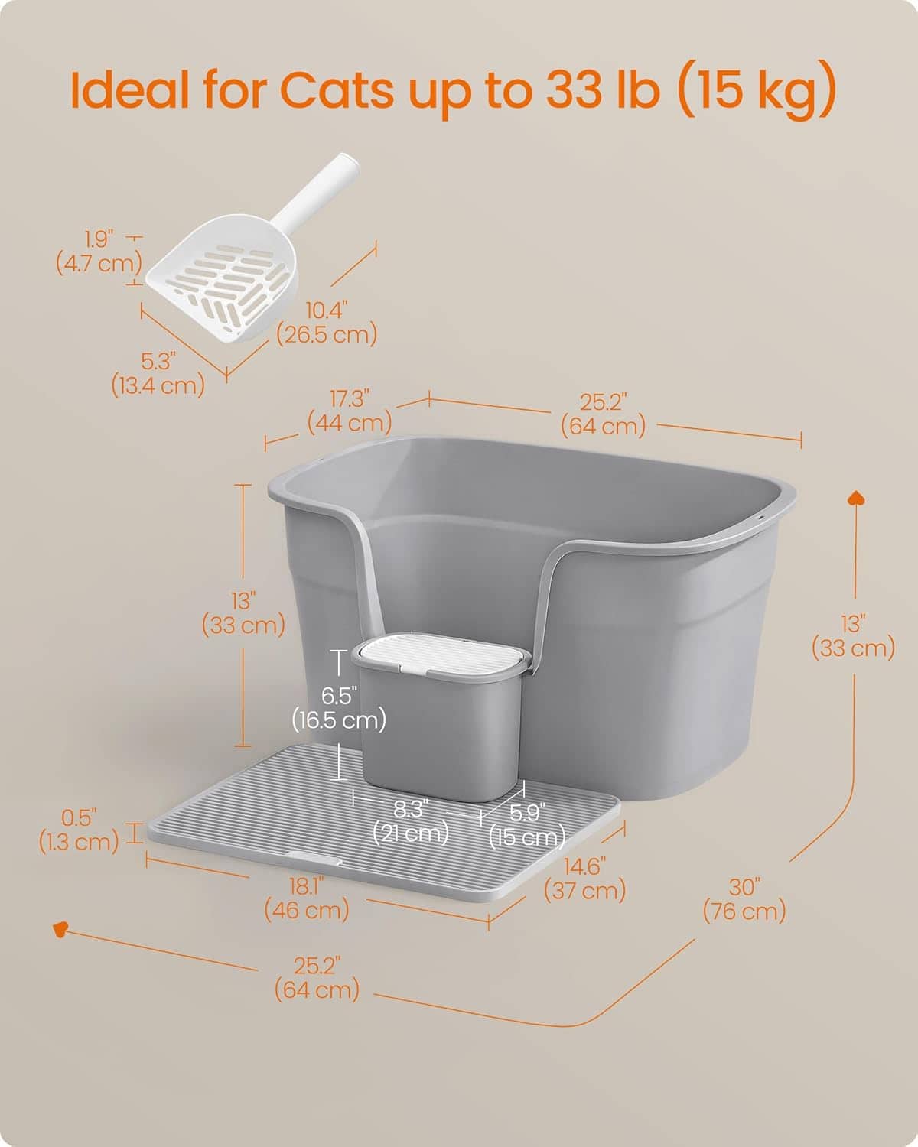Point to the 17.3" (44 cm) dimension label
(x=350, y=411)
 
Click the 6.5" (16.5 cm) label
(x=339, y=708)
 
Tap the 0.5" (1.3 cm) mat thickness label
(x=79, y=830)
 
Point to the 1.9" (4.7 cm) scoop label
(x=99, y=252)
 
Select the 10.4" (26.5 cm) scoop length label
(x=327, y=323)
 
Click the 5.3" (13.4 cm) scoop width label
(x=158, y=374)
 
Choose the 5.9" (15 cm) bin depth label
(x=527, y=825)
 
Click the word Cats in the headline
(x=337, y=89)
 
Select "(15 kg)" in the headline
(x=757, y=90)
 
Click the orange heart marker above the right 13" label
(x=856, y=499)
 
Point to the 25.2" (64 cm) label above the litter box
(x=603, y=414)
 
